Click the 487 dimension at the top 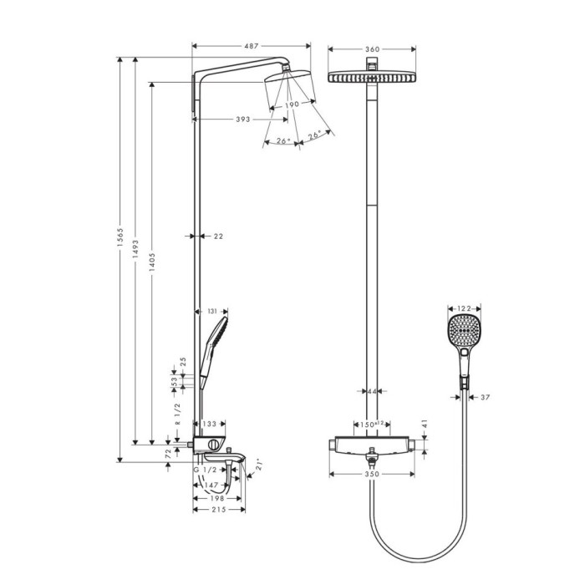click(251, 46)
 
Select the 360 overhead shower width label click(372, 49)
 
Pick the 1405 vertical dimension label click(152, 262)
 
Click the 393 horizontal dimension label click(243, 120)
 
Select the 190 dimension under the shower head click(292, 104)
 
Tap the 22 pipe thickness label click(219, 237)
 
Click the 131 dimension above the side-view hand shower click(211, 311)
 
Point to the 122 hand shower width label click(464, 308)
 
